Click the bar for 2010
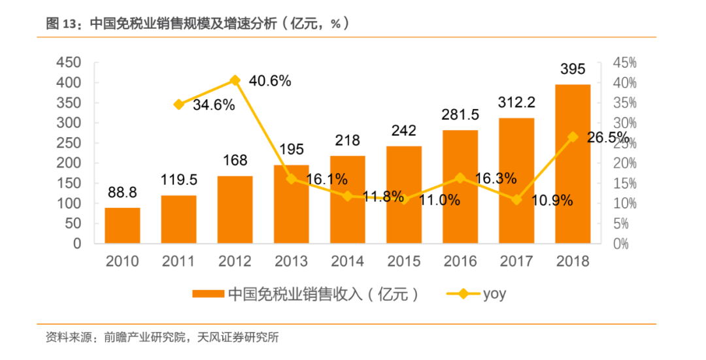(122, 225)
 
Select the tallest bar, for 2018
(573, 163)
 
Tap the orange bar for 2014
(347, 199)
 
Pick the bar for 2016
(460, 186)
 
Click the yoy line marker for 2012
(235, 80)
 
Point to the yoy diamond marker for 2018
(573, 137)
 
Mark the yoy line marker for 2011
(178, 105)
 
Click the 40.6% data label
(270, 82)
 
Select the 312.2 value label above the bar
(516, 102)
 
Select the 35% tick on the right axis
(624, 103)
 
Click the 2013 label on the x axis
(291, 261)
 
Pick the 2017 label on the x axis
(516, 261)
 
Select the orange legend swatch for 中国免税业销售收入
(208, 294)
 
